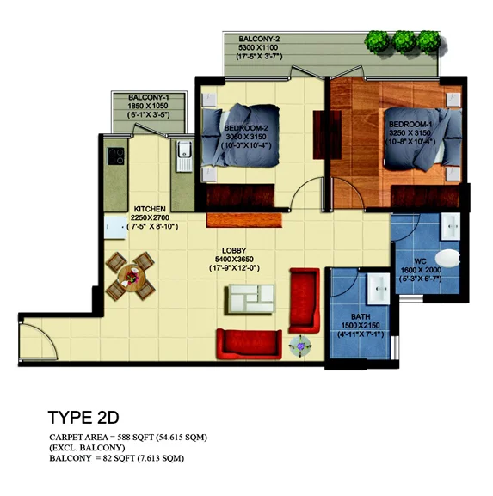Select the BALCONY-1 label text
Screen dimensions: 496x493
point(148,97)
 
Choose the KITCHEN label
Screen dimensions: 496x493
point(150,209)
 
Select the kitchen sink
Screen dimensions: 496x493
point(182,157)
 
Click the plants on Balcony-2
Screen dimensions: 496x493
point(404,40)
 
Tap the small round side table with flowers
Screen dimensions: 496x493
point(301,346)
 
